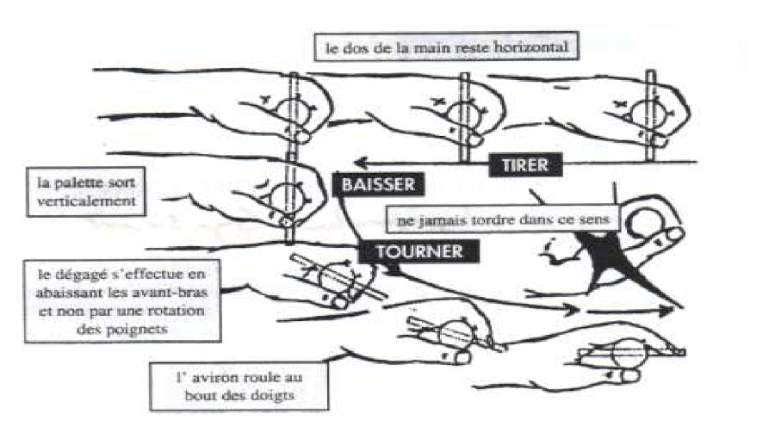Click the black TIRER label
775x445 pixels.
point(525,165)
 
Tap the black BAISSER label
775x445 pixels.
point(378,185)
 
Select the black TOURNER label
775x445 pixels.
point(419,251)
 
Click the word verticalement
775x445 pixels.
point(86,201)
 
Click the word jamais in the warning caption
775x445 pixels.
point(442,219)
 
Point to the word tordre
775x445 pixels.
point(492,219)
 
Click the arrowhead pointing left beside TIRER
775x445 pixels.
point(363,163)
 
